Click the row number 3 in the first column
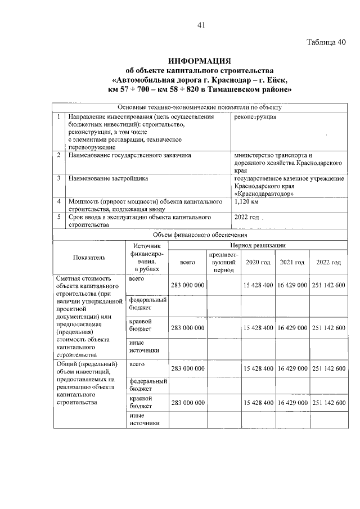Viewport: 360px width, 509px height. pyautogui.click(x=58, y=178)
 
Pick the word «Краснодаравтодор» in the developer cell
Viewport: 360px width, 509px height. pyautogui.click(x=261, y=193)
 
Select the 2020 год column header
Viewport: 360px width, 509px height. pyautogui.click(x=258, y=263)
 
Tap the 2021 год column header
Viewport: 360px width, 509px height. pyautogui.click(x=292, y=263)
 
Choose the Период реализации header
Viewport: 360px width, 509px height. pyautogui.click(x=258, y=246)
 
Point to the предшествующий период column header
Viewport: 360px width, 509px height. pyautogui.click(x=223, y=263)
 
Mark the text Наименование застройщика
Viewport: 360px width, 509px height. pyautogui.click(x=108, y=178)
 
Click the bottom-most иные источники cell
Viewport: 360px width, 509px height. pyautogui.click(x=145, y=419)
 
